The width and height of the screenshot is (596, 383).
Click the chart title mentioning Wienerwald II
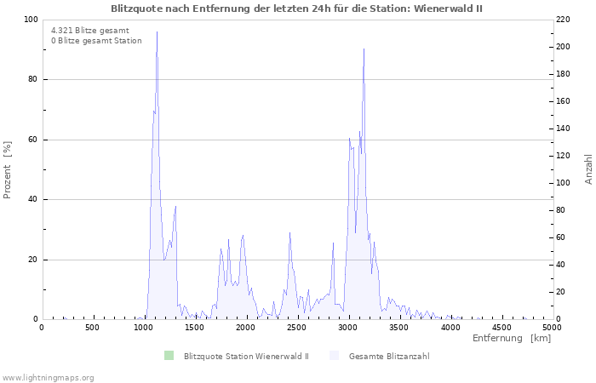[297, 8]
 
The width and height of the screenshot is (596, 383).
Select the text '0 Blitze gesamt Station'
[96, 41]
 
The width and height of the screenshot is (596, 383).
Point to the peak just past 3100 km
[364, 49]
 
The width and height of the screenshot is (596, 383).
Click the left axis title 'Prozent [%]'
[8, 169]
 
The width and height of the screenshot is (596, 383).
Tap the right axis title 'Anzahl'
[588, 169]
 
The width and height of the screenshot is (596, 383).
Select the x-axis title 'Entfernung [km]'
[511, 339]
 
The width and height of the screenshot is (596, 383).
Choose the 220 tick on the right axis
[564, 20]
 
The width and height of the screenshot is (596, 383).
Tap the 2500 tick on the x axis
[297, 327]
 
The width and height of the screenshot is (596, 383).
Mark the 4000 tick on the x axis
[450, 327]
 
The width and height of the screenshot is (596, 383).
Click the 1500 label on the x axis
[195, 327]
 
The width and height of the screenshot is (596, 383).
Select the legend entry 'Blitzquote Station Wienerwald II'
[245, 356]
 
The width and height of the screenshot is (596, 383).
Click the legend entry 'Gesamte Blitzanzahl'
[388, 356]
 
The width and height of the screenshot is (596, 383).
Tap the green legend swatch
[169, 355]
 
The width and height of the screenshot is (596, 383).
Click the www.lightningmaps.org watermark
[48, 377]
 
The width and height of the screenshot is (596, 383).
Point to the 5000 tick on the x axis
[551, 327]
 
